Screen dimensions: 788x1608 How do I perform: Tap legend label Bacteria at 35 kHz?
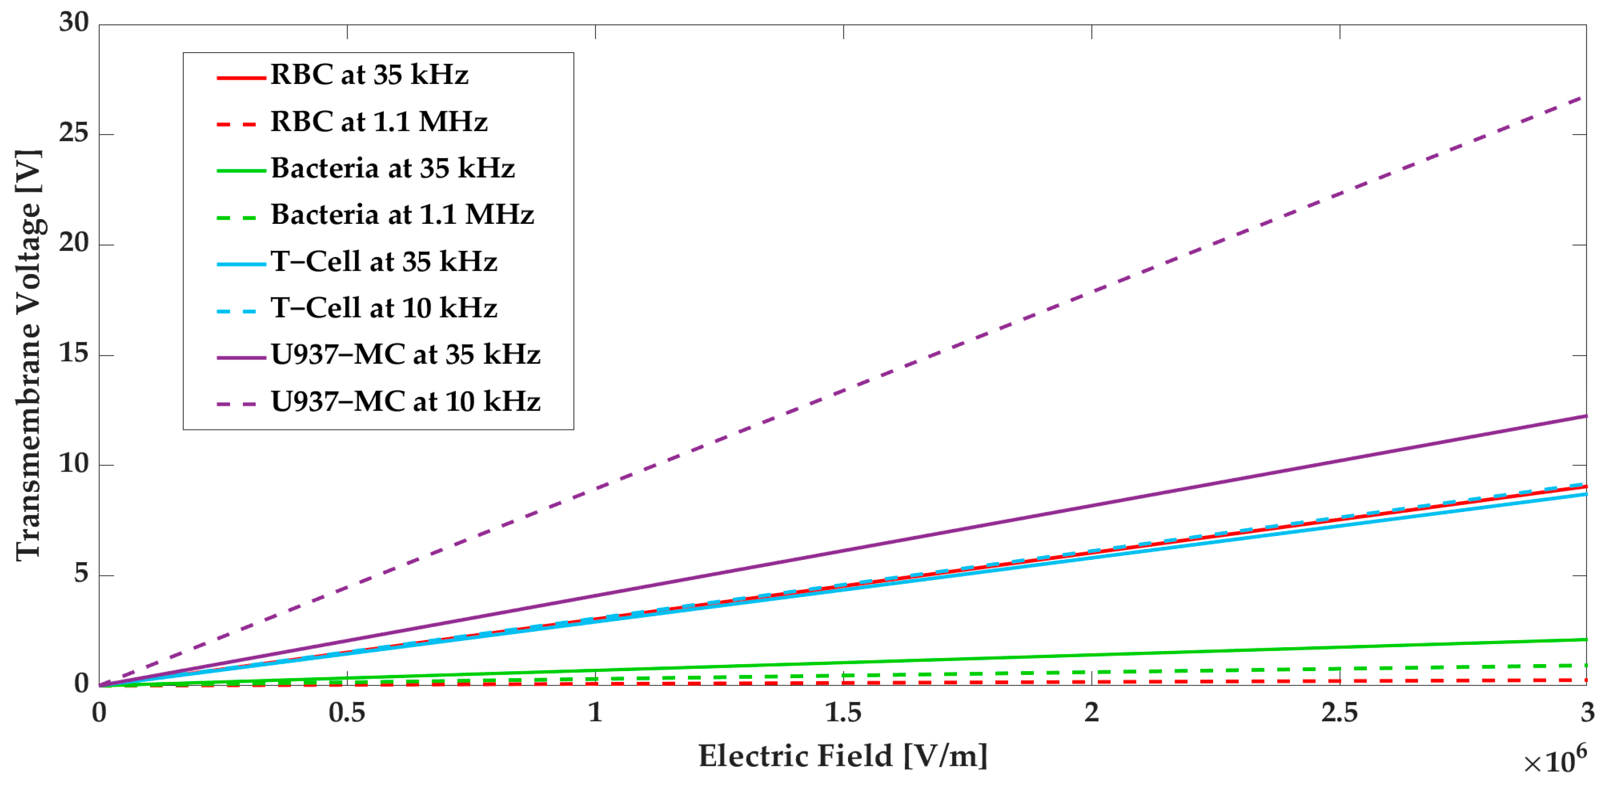pos(392,168)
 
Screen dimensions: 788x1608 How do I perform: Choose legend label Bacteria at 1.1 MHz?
pos(402,215)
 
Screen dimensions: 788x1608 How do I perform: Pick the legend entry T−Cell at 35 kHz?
pos(383,261)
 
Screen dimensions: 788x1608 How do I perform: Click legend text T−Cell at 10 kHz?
pos(383,308)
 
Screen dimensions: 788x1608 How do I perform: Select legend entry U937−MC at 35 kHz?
pos(405,355)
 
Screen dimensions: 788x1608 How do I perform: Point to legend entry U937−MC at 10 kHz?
pos(405,401)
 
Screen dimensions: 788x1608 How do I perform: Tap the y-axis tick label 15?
pos(74,354)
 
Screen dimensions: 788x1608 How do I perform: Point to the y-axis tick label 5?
pos(81,574)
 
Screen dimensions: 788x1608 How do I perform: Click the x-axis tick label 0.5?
pos(347,712)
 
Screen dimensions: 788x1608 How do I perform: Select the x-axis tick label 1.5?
pos(843,712)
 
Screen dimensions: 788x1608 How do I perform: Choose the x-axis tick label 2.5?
pos(1340,712)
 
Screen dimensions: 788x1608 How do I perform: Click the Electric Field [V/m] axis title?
pos(843,756)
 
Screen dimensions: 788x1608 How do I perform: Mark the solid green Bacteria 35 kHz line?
pos(1092,656)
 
